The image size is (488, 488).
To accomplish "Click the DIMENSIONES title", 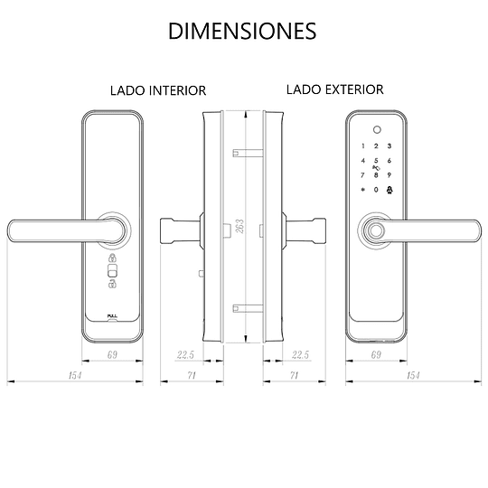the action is pyautogui.click(x=242, y=31).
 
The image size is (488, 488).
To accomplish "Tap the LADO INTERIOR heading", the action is pyautogui.click(x=158, y=90).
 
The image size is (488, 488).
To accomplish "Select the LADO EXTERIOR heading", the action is pyautogui.click(x=335, y=89).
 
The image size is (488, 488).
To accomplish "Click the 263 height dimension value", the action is pyautogui.click(x=239, y=226).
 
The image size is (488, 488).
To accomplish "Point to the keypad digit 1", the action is pyautogui.click(x=363, y=146).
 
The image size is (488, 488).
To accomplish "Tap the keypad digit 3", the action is pyautogui.click(x=389, y=146).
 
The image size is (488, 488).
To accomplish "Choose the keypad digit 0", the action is pyautogui.click(x=376, y=190).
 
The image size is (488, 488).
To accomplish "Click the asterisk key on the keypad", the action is pyautogui.click(x=362, y=190).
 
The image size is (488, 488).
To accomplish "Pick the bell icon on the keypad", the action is pyautogui.click(x=389, y=190).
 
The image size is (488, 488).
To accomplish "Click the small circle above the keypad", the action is pyautogui.click(x=377, y=130).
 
